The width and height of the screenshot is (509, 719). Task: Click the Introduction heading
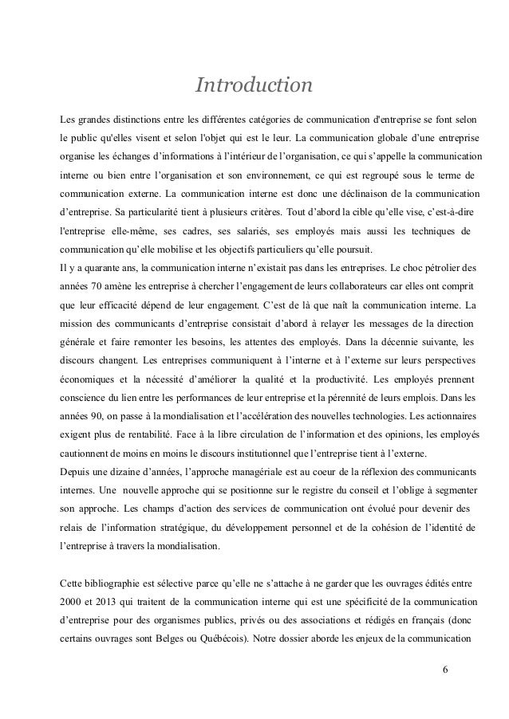[x=254, y=84]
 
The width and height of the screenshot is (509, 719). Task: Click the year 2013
[x=116, y=600]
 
